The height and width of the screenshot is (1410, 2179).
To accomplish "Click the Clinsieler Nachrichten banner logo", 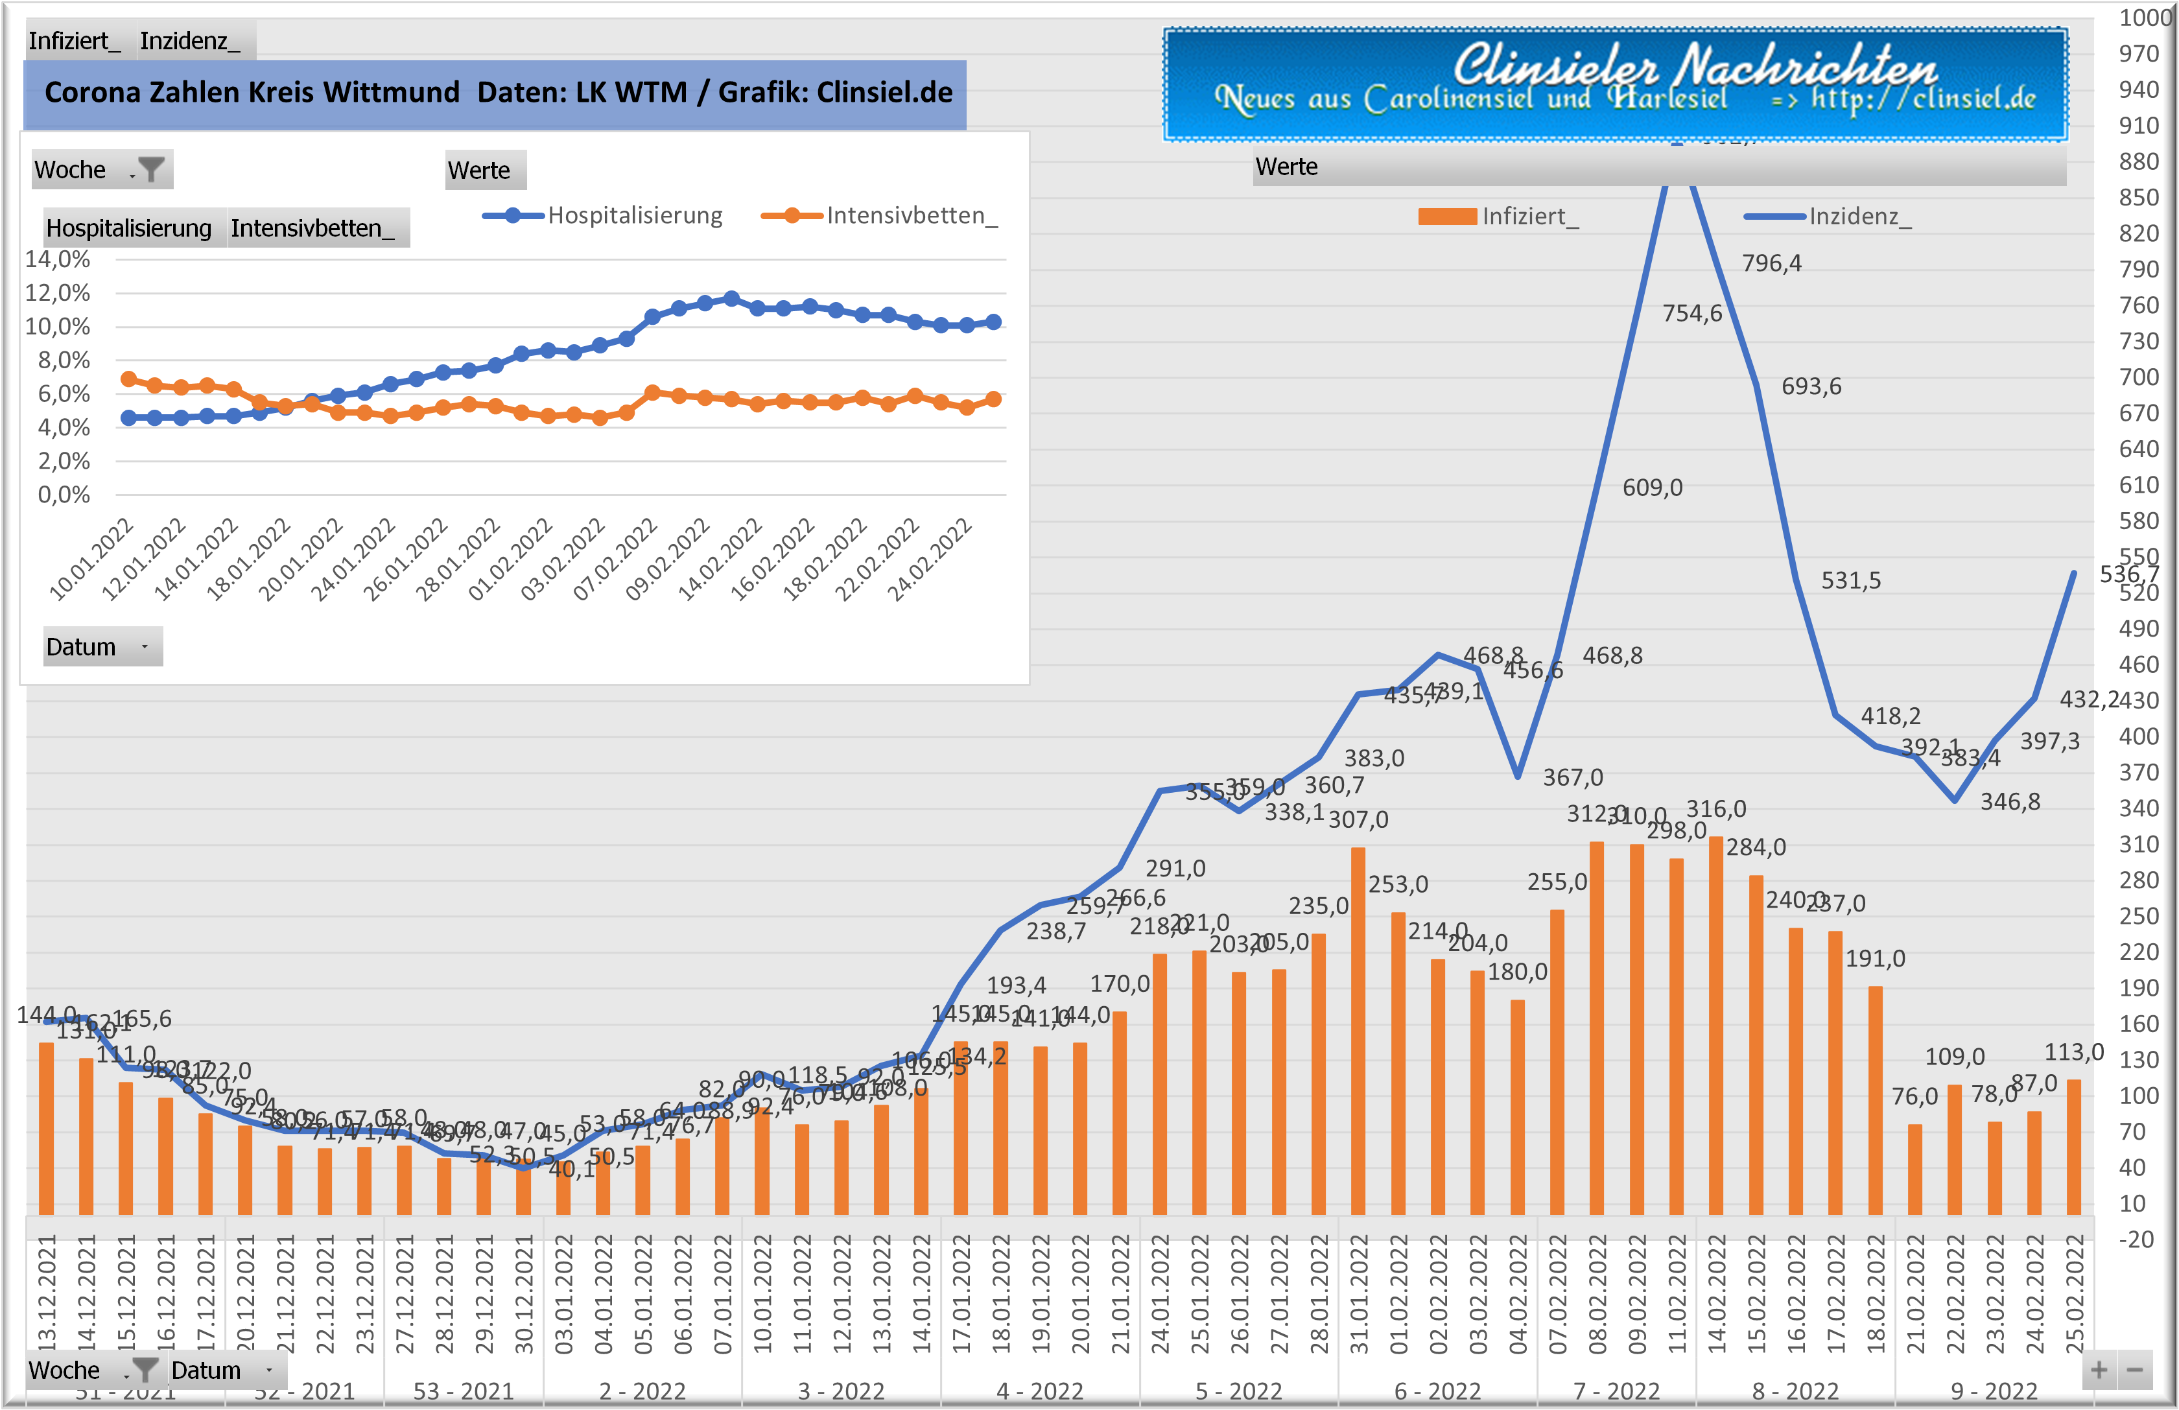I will click(x=1615, y=85).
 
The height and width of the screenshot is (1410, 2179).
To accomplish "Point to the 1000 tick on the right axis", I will click(x=2145, y=18).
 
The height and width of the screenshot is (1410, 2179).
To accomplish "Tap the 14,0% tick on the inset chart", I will click(x=58, y=259).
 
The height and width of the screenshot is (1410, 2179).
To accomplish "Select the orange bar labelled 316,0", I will click(x=1715, y=1026).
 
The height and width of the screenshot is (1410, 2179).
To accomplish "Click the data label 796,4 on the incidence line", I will click(x=1771, y=264).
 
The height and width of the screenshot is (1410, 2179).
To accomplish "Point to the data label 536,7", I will click(x=2128, y=574).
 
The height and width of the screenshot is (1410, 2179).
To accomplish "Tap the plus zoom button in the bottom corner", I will click(x=2099, y=1370).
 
